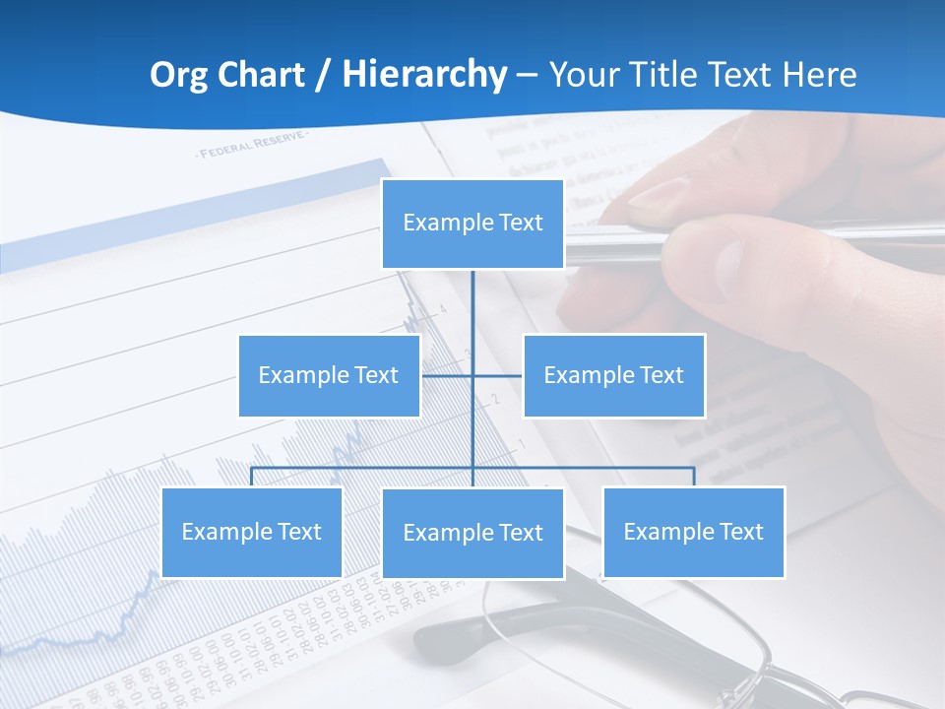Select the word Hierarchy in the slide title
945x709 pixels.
point(424,75)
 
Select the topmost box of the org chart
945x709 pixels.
point(472,224)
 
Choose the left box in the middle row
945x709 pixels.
point(329,375)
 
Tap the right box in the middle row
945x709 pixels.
point(613,375)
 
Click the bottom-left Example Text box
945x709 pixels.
point(251,532)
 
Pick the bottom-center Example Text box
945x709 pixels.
point(472,533)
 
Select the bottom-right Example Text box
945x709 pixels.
point(693,532)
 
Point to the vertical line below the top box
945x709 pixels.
point(472,305)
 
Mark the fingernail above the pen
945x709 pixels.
point(658,191)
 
